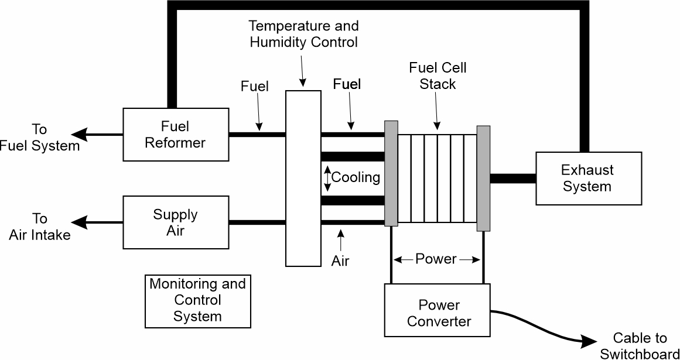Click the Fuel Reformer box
click(x=175, y=134)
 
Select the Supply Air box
click(x=175, y=222)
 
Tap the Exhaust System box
click(x=587, y=178)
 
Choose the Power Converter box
click(x=439, y=313)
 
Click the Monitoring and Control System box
click(x=197, y=300)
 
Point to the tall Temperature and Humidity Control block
click(x=303, y=178)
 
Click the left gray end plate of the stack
click(x=391, y=173)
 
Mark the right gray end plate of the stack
click(x=483, y=178)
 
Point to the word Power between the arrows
click(x=436, y=259)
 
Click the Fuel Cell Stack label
click(x=438, y=76)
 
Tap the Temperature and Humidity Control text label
click(x=303, y=34)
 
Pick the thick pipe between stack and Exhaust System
click(x=513, y=179)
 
